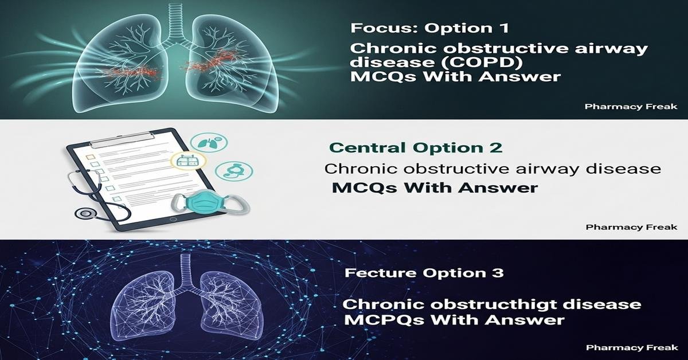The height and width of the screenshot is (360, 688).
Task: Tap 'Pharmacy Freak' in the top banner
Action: pos(631,107)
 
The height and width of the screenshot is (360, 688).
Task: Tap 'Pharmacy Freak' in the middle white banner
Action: pos(631,227)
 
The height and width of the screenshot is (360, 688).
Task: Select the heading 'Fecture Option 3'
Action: pos(424,273)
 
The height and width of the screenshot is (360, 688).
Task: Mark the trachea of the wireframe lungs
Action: pos(185,269)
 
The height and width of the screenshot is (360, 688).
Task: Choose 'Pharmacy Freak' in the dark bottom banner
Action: pos(631,348)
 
